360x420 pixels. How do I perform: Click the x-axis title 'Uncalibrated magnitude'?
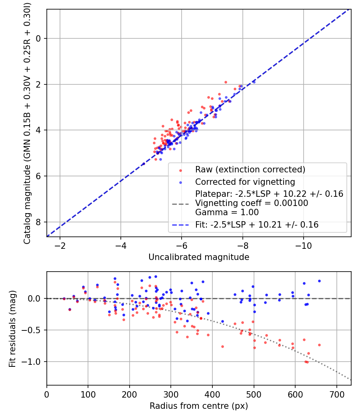(199, 257)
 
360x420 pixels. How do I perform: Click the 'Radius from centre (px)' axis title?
(199, 406)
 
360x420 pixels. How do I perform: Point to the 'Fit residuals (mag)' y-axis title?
(12, 328)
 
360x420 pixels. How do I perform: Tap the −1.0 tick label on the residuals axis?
(34, 362)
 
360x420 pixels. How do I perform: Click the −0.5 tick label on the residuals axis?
(34, 330)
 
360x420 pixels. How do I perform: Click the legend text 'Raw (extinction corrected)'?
(250, 170)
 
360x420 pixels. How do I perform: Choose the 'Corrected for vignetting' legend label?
(245, 182)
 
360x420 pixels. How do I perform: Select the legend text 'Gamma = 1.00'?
(227, 212)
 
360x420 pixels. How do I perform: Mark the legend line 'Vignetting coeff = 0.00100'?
(252, 203)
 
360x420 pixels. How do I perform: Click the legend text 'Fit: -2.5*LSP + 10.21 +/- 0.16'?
(257, 225)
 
